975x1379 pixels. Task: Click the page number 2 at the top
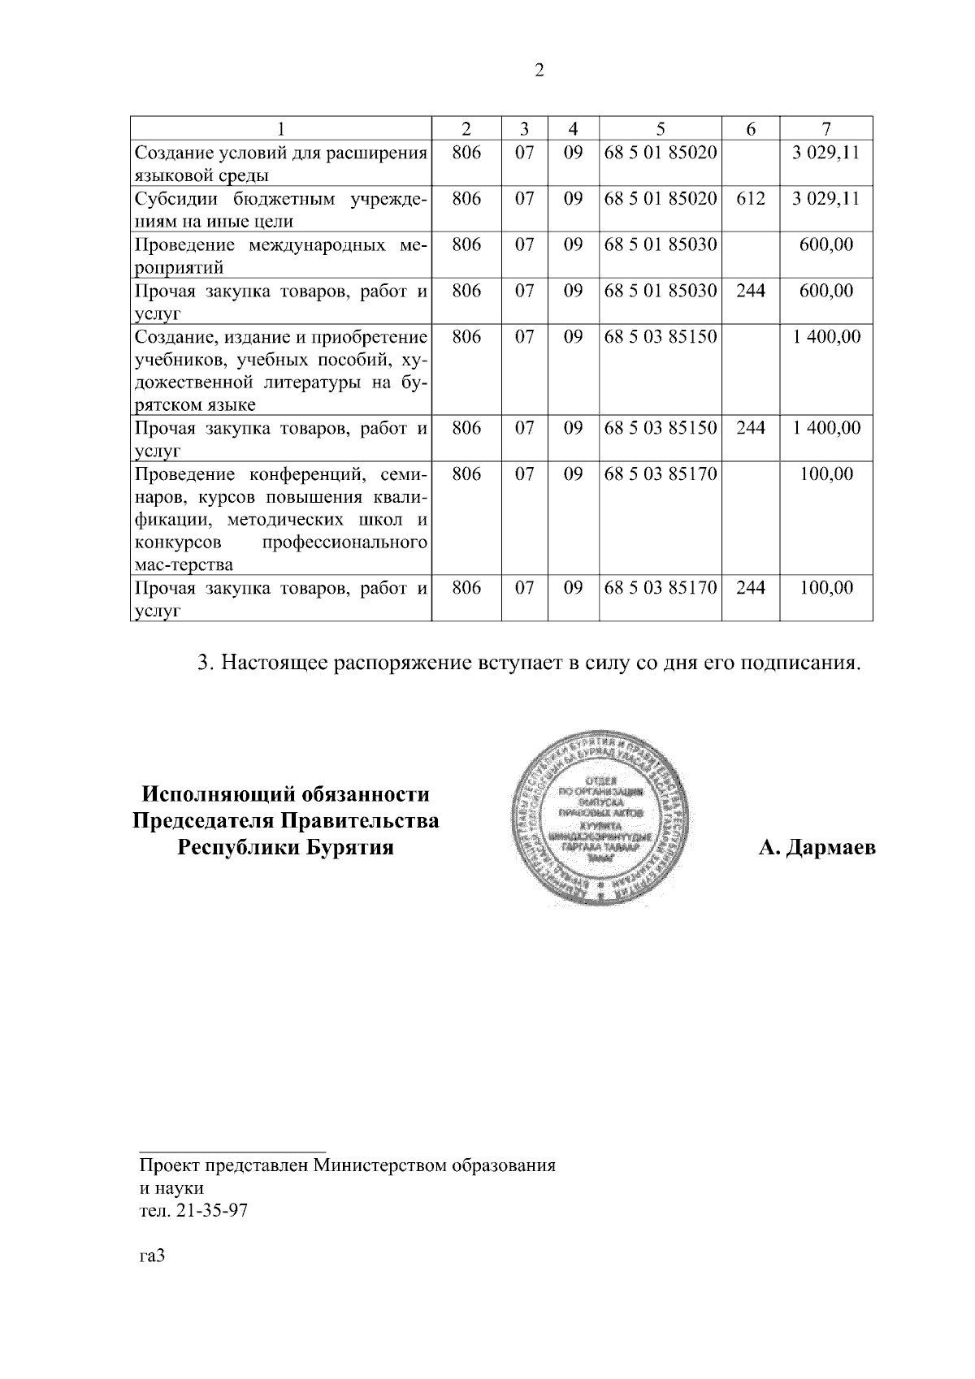pyautogui.click(x=539, y=71)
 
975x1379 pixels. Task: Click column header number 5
pyautogui.click(x=660, y=128)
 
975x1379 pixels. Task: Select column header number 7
pyautogui.click(x=825, y=128)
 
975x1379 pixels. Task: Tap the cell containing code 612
pyautogui.click(x=750, y=198)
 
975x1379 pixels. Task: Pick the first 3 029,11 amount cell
pyautogui.click(x=825, y=152)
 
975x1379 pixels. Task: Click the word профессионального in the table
pyautogui.click(x=345, y=542)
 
